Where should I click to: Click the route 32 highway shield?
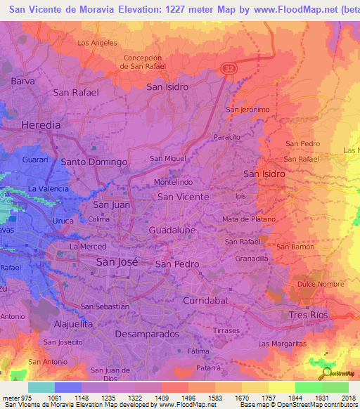[x=230, y=68]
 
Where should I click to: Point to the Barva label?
[x=22, y=82]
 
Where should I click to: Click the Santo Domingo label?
[x=94, y=162]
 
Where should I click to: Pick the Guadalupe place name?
[x=173, y=231]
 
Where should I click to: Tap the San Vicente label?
[x=183, y=197]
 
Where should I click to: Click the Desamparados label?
[x=146, y=334]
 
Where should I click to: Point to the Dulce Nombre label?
[x=321, y=285]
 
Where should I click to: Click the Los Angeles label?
[x=97, y=43]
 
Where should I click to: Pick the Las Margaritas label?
[x=282, y=344]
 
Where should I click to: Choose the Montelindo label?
[x=172, y=181]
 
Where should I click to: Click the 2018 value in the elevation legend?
[x=349, y=397]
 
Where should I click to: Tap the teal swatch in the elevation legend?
[x=41, y=387]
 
